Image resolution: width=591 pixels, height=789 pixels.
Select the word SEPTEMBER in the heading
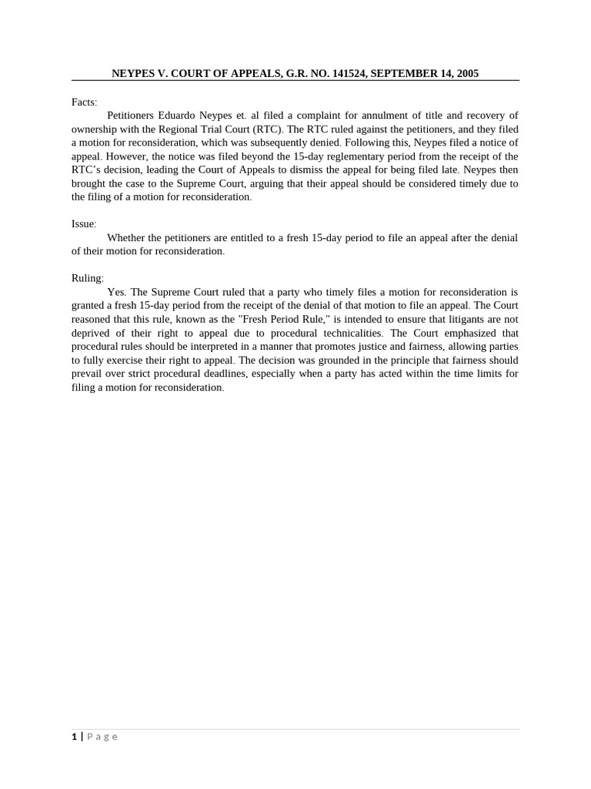click(x=402, y=74)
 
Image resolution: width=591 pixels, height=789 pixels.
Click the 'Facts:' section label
click(x=84, y=102)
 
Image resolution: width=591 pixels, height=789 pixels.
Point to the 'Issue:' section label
click(x=84, y=224)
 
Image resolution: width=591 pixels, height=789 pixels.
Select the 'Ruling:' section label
click(x=87, y=279)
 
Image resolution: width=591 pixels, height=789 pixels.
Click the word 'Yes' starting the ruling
click(x=115, y=293)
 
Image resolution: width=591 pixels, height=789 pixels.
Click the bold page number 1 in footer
click(x=75, y=737)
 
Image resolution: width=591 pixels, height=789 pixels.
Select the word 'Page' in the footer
click(x=102, y=737)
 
